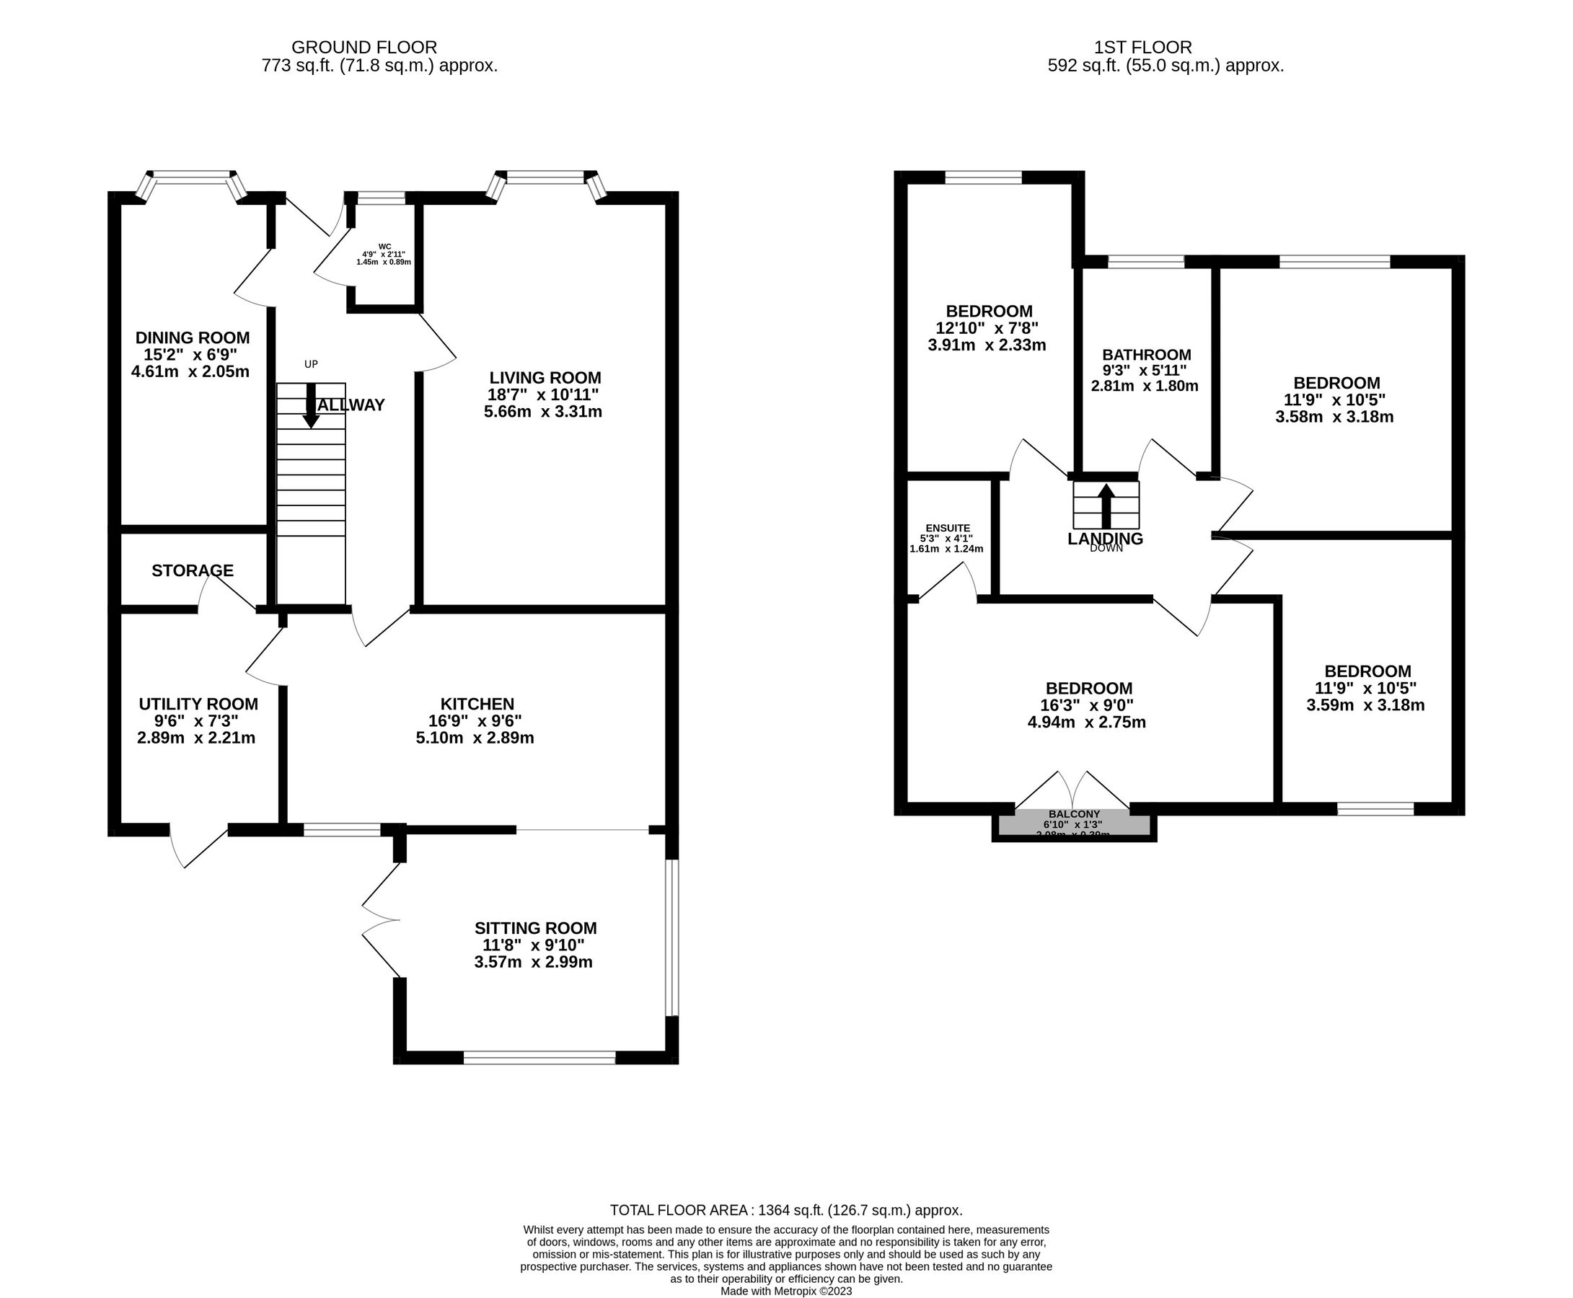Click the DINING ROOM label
pyautogui.click(x=192, y=338)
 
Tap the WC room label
pyautogui.click(x=384, y=246)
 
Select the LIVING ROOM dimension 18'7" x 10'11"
pyautogui.click(x=544, y=394)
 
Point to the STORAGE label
pyautogui.click(x=192, y=570)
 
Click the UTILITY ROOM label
pyautogui.click(x=198, y=705)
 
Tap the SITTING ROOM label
pyautogui.click(x=535, y=928)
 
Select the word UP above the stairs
pyautogui.click(x=311, y=364)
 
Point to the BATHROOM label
pyautogui.click(x=1146, y=354)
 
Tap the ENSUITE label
pyautogui.click(x=947, y=528)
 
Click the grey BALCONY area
pyautogui.click(x=1074, y=823)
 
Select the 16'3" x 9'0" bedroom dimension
pyautogui.click(x=1088, y=705)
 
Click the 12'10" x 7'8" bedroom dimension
pyautogui.click(x=987, y=328)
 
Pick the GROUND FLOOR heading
pyautogui.click(x=364, y=48)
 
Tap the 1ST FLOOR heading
pyautogui.click(x=1142, y=48)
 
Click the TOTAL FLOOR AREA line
pyautogui.click(x=785, y=1210)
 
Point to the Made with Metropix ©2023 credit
pyautogui.click(x=785, y=1292)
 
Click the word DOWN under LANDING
pyautogui.click(x=1106, y=548)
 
